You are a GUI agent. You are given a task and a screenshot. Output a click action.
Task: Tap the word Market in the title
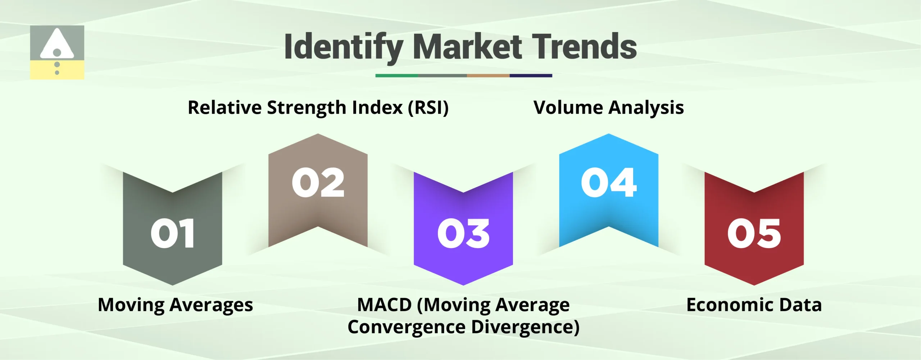[467, 47]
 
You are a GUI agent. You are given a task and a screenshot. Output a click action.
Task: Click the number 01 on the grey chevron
[173, 234]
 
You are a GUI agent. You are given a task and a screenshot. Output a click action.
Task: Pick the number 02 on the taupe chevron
[318, 183]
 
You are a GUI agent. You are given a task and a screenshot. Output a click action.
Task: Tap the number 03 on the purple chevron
[463, 234]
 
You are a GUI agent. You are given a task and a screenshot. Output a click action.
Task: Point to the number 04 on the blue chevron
[609, 183]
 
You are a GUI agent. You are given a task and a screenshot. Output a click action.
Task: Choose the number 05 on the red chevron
[754, 234]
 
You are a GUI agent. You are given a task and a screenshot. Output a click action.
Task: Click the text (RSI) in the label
[428, 108]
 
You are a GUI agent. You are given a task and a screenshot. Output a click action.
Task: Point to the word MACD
[384, 305]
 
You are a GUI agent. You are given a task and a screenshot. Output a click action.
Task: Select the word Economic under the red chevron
[730, 305]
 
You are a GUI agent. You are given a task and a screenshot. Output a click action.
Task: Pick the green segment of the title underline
[396, 76]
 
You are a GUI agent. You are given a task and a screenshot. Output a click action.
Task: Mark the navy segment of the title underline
[531, 76]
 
